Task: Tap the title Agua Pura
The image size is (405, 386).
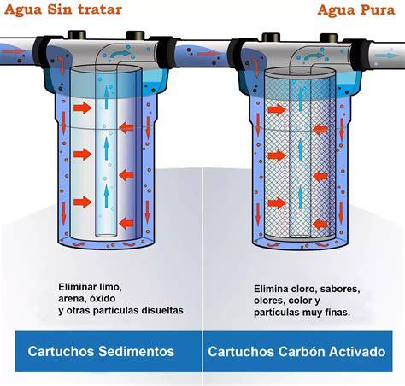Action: pos(353,10)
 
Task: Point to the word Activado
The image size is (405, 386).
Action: pos(360,351)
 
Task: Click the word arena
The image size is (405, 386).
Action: pos(73,299)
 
